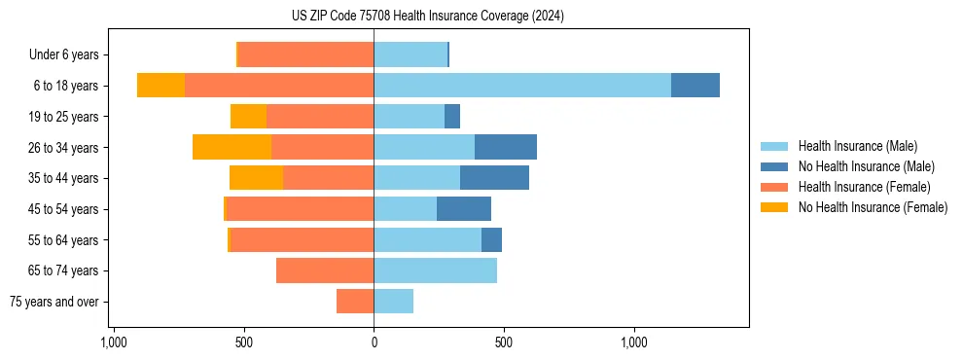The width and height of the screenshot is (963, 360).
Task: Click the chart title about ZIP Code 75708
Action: click(427, 17)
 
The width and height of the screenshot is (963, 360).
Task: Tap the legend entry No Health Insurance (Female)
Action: click(872, 207)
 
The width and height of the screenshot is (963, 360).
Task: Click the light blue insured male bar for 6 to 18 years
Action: click(521, 86)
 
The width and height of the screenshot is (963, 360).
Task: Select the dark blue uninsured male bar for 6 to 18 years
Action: click(695, 86)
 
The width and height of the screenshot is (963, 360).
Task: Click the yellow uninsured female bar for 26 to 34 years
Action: click(232, 147)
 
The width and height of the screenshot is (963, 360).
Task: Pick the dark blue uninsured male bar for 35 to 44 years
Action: click(494, 178)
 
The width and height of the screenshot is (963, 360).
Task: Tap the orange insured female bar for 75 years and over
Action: click(355, 302)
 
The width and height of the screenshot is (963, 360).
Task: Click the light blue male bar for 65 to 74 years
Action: click(435, 270)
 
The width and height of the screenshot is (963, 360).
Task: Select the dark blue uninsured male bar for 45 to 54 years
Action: click(464, 209)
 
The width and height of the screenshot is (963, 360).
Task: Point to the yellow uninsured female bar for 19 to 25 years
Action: click(248, 117)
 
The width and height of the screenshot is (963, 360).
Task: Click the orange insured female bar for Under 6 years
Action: click(305, 54)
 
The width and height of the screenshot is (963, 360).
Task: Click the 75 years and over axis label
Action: click(53, 302)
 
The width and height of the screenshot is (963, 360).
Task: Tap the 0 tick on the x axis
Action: click(374, 342)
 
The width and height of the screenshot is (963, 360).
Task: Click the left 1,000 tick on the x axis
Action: click(113, 342)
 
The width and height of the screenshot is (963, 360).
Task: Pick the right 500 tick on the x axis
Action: click(503, 342)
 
